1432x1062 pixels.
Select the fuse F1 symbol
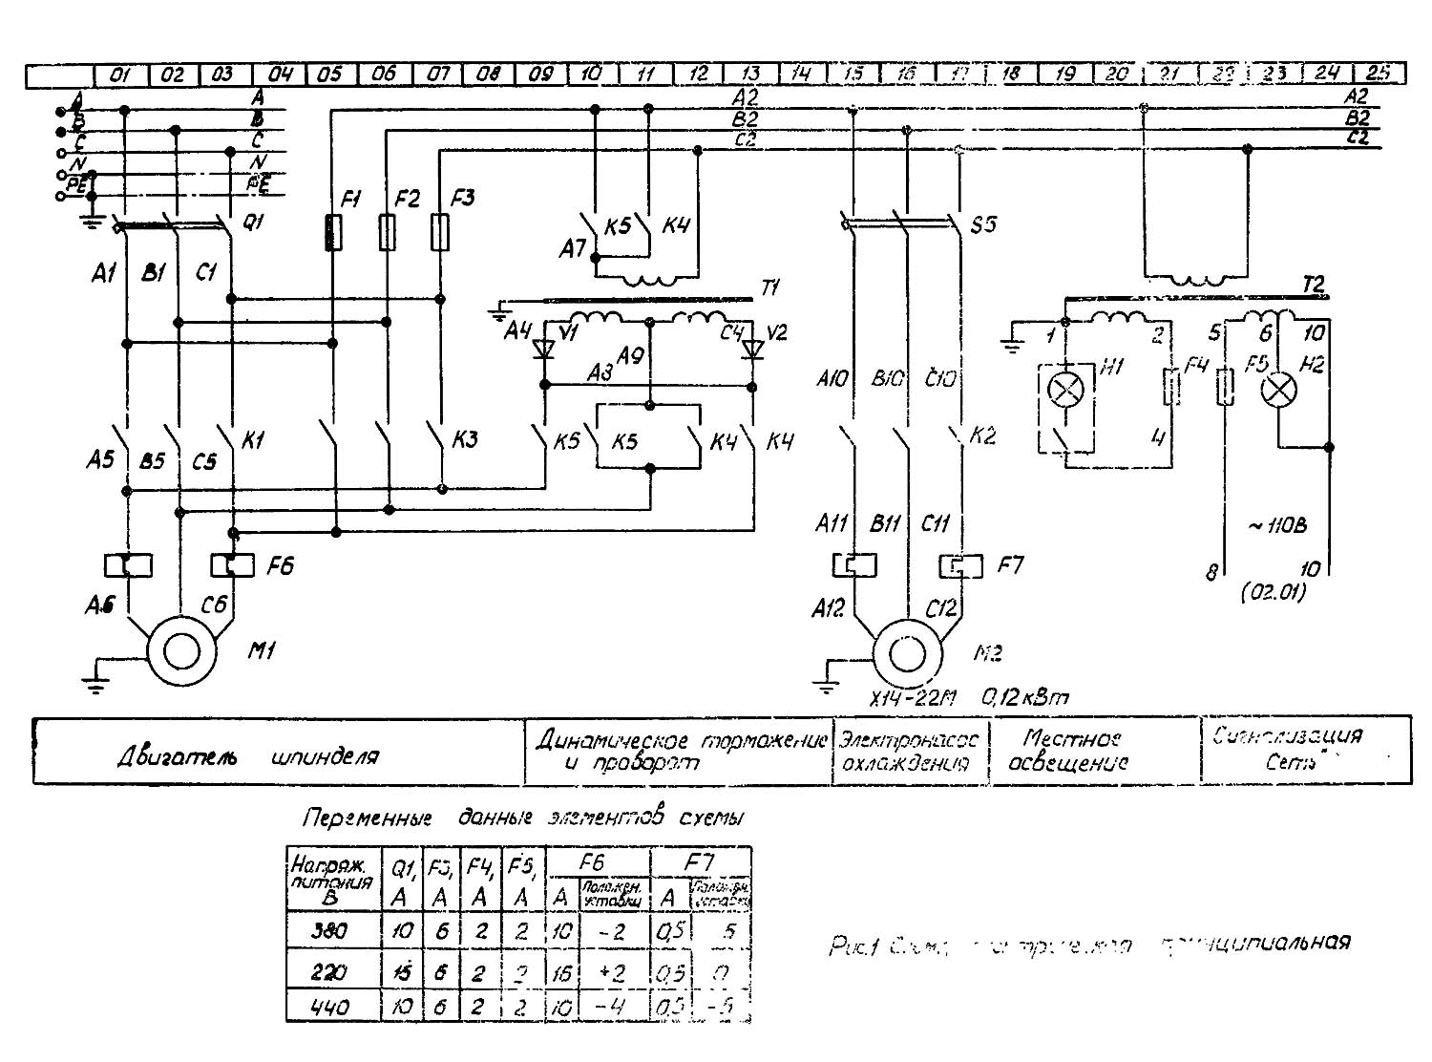332,232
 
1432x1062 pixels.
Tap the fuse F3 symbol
439,232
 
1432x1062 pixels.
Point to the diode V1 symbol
544,349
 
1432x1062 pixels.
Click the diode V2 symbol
753,349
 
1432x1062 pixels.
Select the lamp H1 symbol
1062,389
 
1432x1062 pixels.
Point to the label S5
982,225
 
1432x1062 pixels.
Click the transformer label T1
770,287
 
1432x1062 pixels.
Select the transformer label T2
1314,284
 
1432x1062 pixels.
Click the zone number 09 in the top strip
540,74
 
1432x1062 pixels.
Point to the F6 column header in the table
592,861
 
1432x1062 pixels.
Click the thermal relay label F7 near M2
1010,565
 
